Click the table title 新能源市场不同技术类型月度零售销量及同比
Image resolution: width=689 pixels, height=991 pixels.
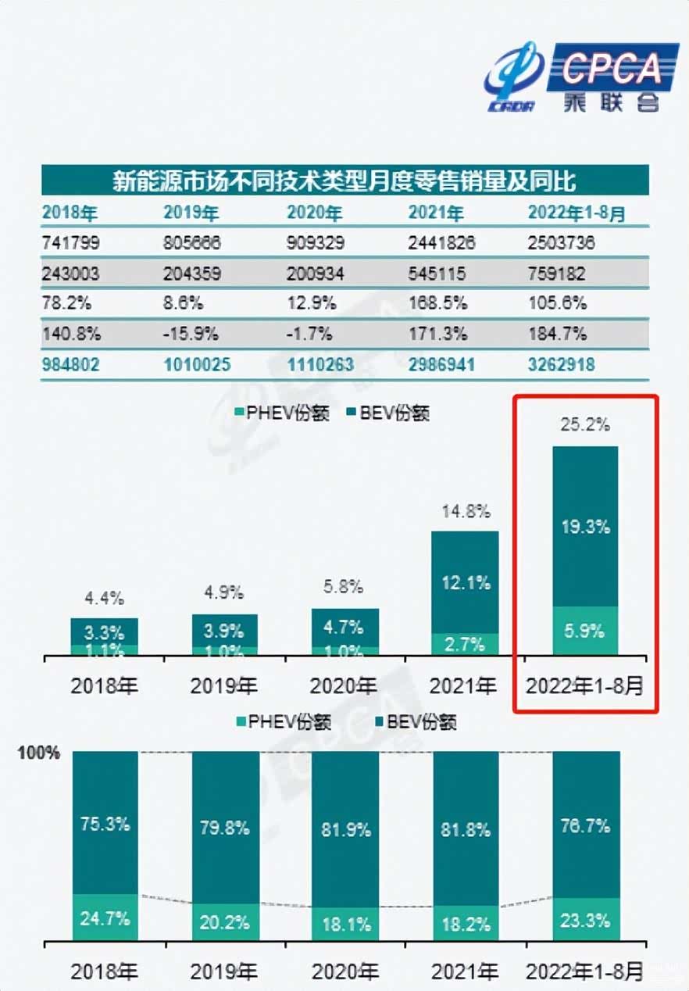click(x=344, y=181)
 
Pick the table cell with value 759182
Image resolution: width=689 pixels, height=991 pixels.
click(x=561, y=274)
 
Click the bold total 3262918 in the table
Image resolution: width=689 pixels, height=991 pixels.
click(x=561, y=364)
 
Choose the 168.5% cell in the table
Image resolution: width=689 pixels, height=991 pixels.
click(x=437, y=303)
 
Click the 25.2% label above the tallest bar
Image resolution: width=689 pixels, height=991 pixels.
click(x=585, y=426)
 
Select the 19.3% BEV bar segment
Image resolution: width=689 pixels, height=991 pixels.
click(x=585, y=527)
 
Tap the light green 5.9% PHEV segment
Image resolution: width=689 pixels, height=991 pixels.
click(x=585, y=631)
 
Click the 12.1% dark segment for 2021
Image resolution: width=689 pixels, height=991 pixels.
click(x=465, y=582)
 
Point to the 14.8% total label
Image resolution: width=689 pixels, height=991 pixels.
click(x=465, y=512)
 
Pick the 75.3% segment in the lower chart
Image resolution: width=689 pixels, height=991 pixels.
click(x=105, y=824)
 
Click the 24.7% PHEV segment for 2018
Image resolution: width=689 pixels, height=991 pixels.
click(x=105, y=918)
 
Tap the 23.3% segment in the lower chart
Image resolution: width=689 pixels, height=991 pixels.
click(x=585, y=920)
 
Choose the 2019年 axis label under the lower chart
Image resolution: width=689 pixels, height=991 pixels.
click(x=224, y=971)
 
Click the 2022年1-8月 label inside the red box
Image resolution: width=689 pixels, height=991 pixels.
click(x=585, y=686)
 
